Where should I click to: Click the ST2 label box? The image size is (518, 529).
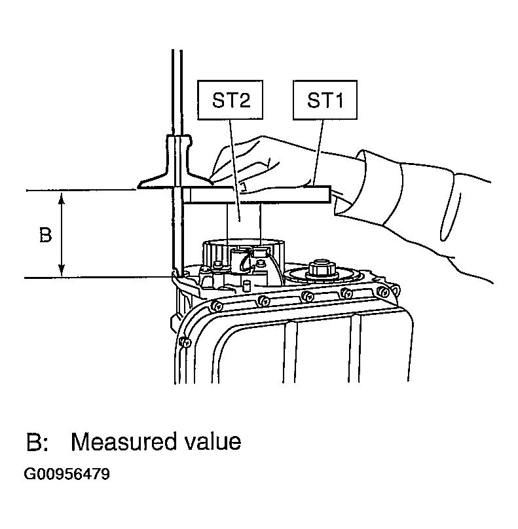pyautogui.click(x=230, y=100)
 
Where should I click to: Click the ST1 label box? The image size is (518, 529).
pyautogui.click(x=325, y=100)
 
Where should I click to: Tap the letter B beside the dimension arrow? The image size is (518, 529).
pyautogui.click(x=46, y=235)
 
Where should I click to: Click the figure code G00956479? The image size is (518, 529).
pyautogui.click(x=67, y=474)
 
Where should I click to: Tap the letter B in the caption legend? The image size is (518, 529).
pyautogui.click(x=35, y=442)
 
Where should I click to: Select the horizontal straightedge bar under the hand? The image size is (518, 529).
pyautogui.click(x=255, y=194)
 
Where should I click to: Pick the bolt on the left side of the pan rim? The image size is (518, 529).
pyautogui.click(x=185, y=342)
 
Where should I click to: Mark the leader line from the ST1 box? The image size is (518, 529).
pyautogui.click(x=318, y=153)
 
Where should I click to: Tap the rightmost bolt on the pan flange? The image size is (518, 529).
pyautogui.click(x=383, y=290)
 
